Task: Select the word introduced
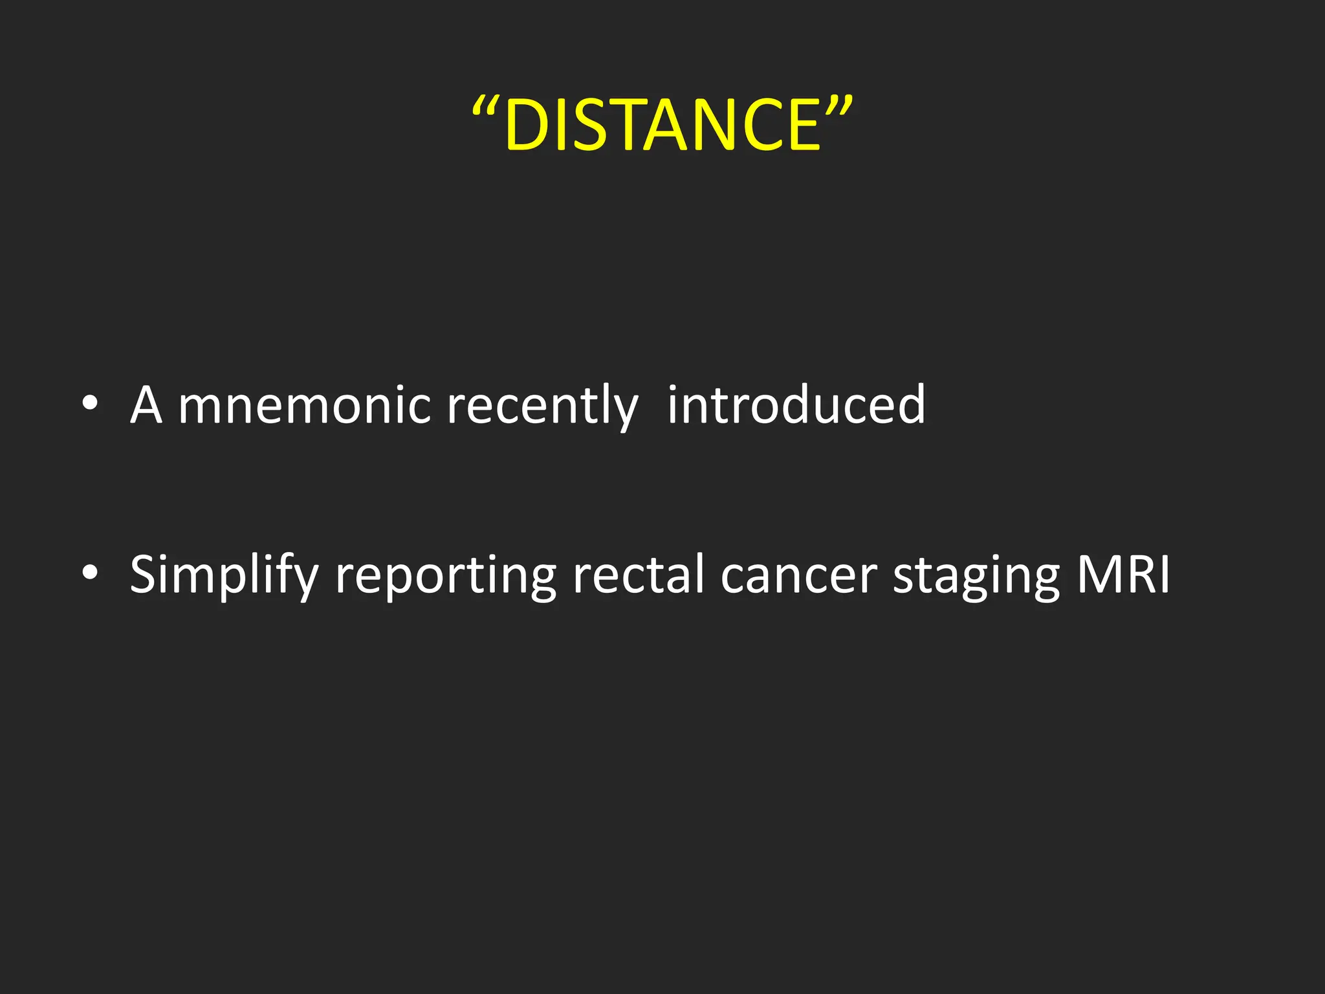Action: (x=796, y=404)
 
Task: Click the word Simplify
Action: (x=224, y=575)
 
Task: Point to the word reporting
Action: (x=445, y=575)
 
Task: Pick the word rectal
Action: (x=638, y=574)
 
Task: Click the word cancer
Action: (x=798, y=575)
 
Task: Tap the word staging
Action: (x=976, y=575)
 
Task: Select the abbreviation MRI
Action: (x=1122, y=574)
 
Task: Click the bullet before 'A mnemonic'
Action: (x=91, y=404)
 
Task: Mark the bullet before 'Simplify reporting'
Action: (x=91, y=573)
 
